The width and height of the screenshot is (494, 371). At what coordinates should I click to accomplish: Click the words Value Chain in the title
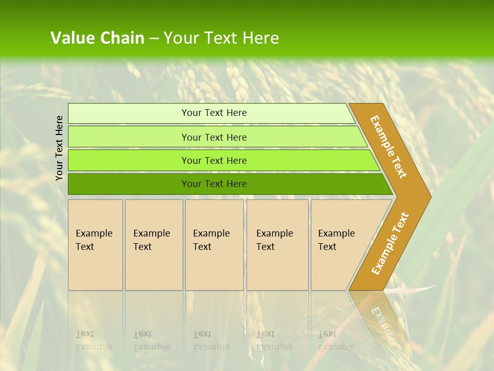[97, 38]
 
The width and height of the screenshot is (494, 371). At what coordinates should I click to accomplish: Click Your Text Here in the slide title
[221, 38]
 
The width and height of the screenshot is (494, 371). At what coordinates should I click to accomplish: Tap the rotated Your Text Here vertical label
[60, 148]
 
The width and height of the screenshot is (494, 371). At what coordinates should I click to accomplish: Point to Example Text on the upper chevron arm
[389, 147]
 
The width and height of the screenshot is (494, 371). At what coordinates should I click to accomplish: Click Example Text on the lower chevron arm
[390, 243]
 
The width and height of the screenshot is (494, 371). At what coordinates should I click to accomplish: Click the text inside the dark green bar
[214, 184]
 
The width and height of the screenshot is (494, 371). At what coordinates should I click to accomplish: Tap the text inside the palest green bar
[214, 113]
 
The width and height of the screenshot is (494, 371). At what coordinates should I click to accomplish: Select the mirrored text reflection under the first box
[94, 341]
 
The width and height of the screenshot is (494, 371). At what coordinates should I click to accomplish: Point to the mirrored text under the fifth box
[337, 341]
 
